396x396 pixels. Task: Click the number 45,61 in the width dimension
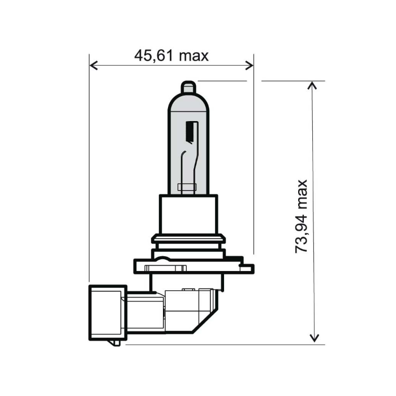154,55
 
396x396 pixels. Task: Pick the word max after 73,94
302,193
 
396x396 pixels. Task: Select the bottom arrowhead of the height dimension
312,339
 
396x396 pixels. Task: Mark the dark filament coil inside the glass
190,134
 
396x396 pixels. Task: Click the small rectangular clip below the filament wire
185,186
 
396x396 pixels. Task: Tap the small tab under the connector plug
116,342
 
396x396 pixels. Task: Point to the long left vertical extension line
89,170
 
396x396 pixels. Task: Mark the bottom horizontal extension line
226,344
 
